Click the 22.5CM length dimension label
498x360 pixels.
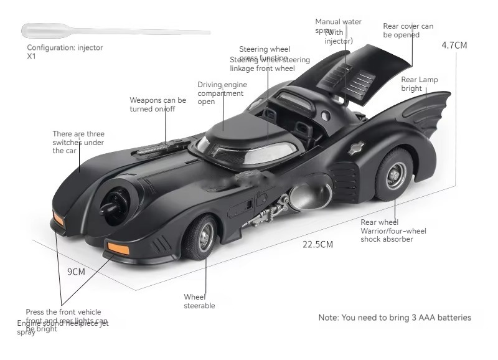coord(317,244)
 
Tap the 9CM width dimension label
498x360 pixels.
coord(76,272)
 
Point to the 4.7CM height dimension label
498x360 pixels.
coord(454,45)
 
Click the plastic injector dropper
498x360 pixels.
coord(93,30)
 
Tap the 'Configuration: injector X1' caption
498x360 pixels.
coord(65,52)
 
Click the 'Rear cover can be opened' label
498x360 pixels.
coord(408,31)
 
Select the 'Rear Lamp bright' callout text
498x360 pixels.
coord(419,84)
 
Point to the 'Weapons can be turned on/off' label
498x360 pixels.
coord(157,104)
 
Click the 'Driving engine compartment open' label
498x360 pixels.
coord(222,93)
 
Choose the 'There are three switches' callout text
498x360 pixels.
coord(78,142)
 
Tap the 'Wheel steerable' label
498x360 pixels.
coord(199,301)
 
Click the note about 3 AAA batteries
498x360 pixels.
coord(395,318)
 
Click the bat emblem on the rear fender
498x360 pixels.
coord(356,148)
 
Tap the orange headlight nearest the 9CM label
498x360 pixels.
coord(118,248)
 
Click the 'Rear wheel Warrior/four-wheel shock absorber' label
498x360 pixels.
coord(393,230)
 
